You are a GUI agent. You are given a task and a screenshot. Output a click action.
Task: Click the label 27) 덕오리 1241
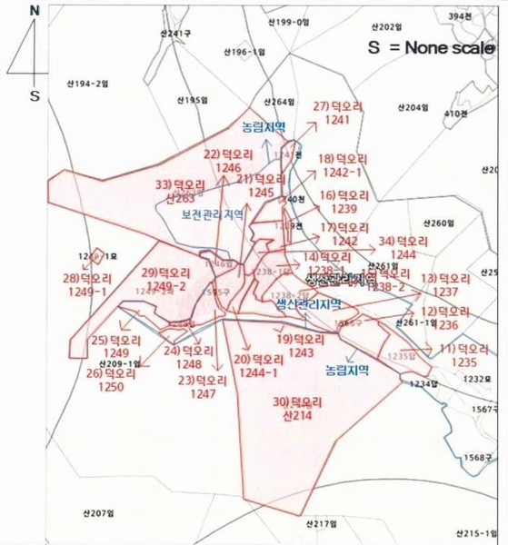click(x=338, y=113)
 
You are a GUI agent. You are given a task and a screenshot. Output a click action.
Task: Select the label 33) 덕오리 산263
click(x=176, y=190)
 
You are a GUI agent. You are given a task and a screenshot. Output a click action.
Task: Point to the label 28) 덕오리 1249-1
click(x=85, y=284)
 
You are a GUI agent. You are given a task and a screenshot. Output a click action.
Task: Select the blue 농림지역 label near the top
click(x=264, y=126)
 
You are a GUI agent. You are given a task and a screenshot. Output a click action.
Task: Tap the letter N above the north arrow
click(x=35, y=11)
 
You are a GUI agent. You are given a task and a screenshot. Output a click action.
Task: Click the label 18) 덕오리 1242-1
click(x=340, y=165)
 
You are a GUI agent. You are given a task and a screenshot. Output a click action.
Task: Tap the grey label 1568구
click(x=476, y=458)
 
